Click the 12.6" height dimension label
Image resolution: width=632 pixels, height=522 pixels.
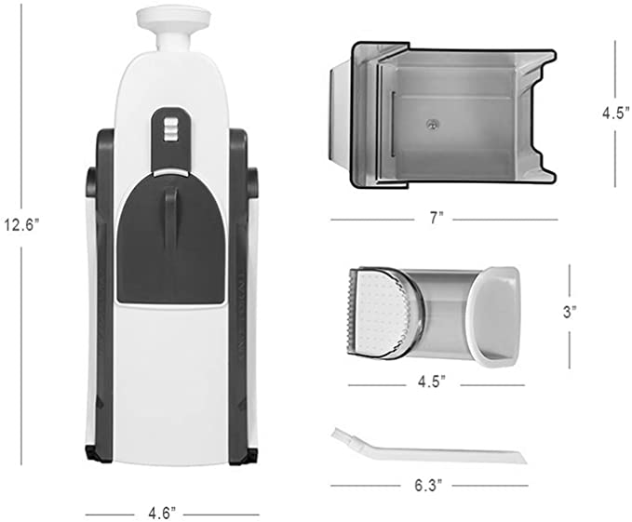pos(21,225)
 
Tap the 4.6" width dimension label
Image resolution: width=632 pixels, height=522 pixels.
pos(162,514)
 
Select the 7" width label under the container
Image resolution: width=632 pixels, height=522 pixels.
pos(434,219)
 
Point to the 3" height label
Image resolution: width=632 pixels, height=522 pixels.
pos(569,312)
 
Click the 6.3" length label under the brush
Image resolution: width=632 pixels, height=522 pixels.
pos(428,485)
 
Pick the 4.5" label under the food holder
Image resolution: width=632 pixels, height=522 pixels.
pos(431,381)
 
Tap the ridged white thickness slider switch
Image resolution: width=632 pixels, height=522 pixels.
pos(170,129)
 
